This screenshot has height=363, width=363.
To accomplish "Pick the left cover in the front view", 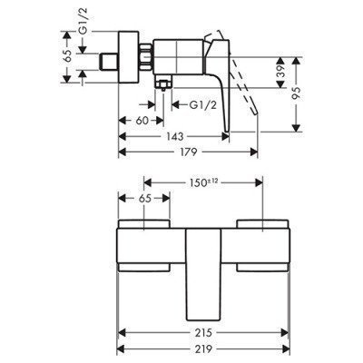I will (147, 246).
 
